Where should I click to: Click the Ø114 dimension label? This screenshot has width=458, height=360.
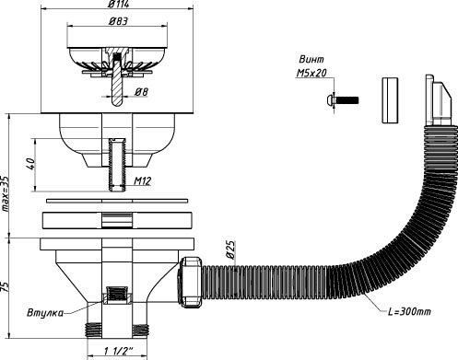pos(119,4)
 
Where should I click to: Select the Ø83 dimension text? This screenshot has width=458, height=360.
pos(118,21)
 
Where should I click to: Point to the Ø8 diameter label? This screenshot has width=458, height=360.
pos(142,91)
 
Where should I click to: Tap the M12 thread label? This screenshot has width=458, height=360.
pos(143,181)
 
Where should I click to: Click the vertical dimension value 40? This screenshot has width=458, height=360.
pos(31,164)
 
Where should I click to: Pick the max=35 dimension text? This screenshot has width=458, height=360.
pos(6,193)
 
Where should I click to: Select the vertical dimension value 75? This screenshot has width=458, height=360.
pos(6,287)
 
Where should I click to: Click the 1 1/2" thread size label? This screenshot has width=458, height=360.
pos(118,351)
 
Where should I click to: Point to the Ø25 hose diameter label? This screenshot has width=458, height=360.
pos(230,250)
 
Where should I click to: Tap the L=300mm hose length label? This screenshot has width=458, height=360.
pos(409,312)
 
